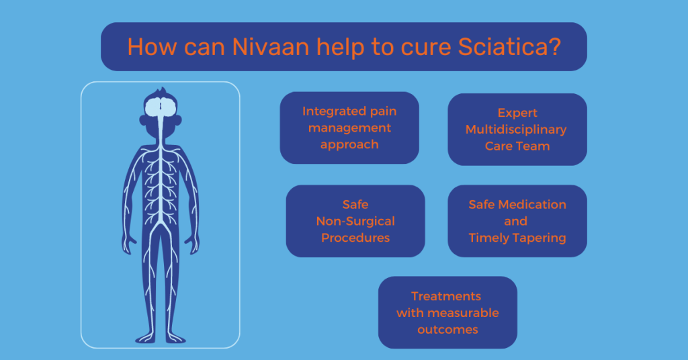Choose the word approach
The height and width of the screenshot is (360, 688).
349,144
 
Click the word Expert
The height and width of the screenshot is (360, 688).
517,113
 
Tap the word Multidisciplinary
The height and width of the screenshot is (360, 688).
516,129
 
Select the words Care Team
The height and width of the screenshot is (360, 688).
517,146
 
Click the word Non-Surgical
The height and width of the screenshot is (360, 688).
355,221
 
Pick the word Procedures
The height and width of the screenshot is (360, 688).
355,238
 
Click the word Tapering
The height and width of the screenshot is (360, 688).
541,238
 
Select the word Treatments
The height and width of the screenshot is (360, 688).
446,296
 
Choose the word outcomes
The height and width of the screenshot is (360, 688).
447,330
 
